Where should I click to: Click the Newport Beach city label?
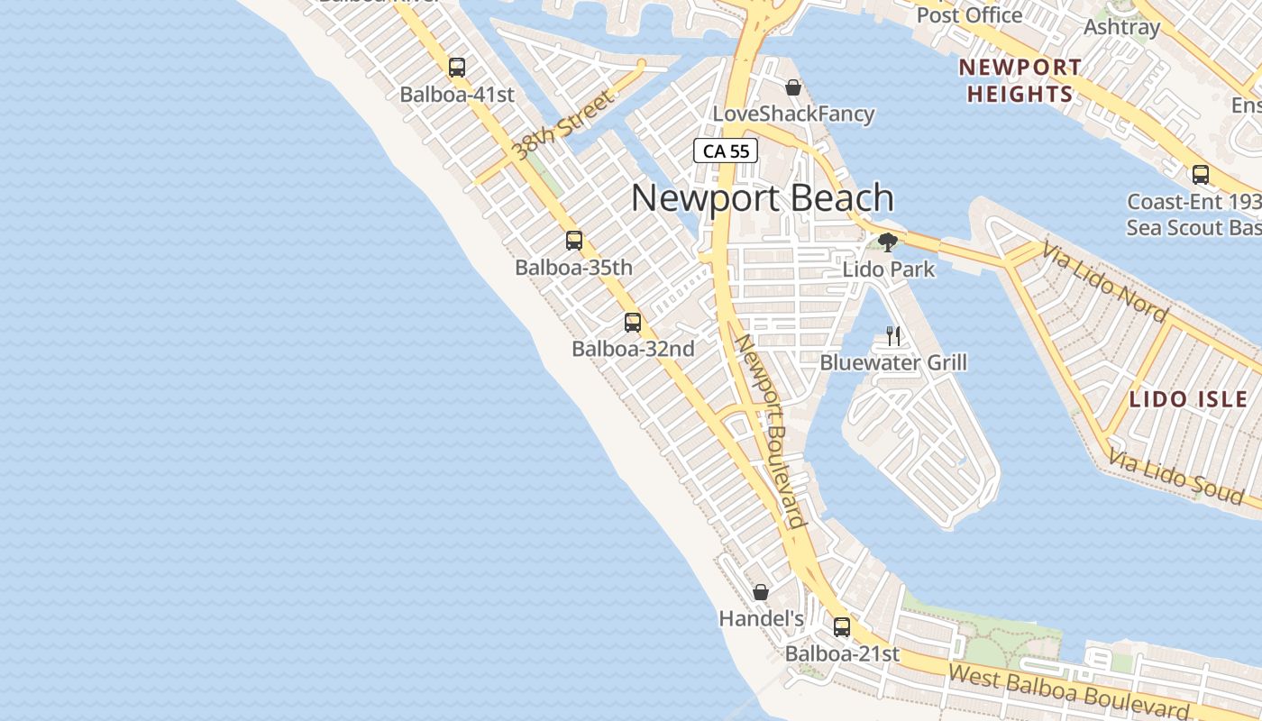point(763,198)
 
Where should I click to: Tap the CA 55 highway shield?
point(726,151)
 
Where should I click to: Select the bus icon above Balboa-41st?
point(457,68)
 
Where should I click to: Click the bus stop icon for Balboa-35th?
point(574,241)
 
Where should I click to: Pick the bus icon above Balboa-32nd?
point(633,322)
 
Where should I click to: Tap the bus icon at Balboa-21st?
point(842,626)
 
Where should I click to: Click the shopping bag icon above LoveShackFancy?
point(793,87)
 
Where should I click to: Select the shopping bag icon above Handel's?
point(761,592)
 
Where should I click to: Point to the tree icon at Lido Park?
point(888,242)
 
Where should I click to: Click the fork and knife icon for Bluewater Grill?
point(893,336)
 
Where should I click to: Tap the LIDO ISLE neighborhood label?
point(1189,399)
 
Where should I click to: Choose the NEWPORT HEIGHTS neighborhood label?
point(1020,80)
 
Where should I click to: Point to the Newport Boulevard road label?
point(771,431)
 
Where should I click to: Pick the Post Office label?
point(969,14)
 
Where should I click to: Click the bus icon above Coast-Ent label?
point(1201,174)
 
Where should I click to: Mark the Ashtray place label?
point(1121,27)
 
